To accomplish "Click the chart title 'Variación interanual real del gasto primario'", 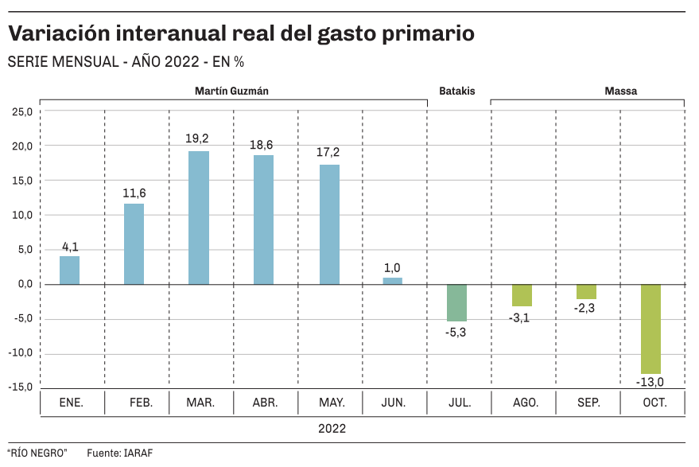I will [x=242, y=34].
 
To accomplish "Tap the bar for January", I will [x=70, y=270].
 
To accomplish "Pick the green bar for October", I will [x=650, y=329].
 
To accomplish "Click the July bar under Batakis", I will [x=457, y=302].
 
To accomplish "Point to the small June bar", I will [x=393, y=281].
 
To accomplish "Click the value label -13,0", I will [x=650, y=383].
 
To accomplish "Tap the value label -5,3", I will [x=456, y=332].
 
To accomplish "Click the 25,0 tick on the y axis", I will [x=23, y=111].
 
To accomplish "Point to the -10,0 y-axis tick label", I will [x=21, y=353].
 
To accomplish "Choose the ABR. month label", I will [x=264, y=403].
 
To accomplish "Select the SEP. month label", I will [x=587, y=403].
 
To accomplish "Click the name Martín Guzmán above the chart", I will [x=231, y=91].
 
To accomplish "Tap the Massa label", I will [x=620, y=91].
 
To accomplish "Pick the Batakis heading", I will [x=456, y=91].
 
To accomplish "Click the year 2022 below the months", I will [x=332, y=429].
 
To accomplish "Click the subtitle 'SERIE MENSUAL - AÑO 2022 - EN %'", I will [x=126, y=62].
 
